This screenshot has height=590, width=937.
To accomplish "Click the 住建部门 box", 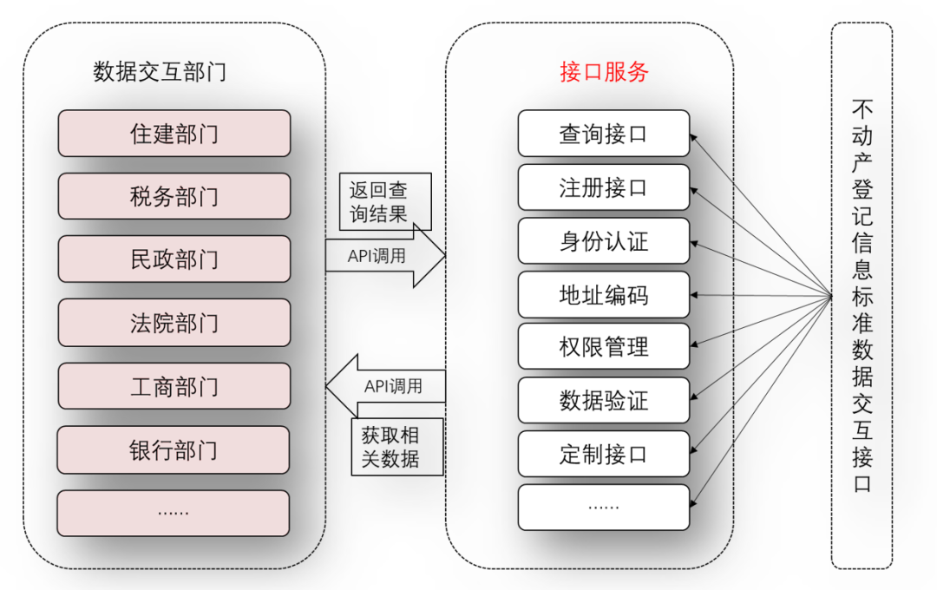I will [x=174, y=134].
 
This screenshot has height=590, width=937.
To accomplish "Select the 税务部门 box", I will [x=174, y=196].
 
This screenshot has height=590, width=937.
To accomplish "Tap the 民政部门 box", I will [x=174, y=259].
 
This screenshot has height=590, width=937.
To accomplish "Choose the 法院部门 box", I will [x=174, y=323].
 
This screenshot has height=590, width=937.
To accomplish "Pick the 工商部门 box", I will [x=174, y=386].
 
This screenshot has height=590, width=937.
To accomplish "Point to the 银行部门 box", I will [x=174, y=449].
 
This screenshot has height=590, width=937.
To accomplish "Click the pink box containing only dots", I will [x=174, y=513].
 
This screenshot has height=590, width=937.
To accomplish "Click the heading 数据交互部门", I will [x=160, y=72].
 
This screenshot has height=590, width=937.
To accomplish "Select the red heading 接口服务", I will [x=604, y=72].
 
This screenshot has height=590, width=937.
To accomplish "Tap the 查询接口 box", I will [x=604, y=134].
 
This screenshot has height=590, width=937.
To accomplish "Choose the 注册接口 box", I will [x=604, y=187].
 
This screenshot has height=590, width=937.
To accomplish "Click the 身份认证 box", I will [x=604, y=241].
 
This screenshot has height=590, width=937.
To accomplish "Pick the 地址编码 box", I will [x=604, y=295].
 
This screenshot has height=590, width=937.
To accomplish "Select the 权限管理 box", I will [x=604, y=348].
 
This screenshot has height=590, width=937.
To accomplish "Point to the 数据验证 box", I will [x=604, y=401].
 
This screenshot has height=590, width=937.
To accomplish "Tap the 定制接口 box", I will [x=604, y=454].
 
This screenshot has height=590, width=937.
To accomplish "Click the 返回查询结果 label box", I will [x=378, y=202].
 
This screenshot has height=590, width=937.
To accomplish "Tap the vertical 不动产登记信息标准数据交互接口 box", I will [x=862, y=295].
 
